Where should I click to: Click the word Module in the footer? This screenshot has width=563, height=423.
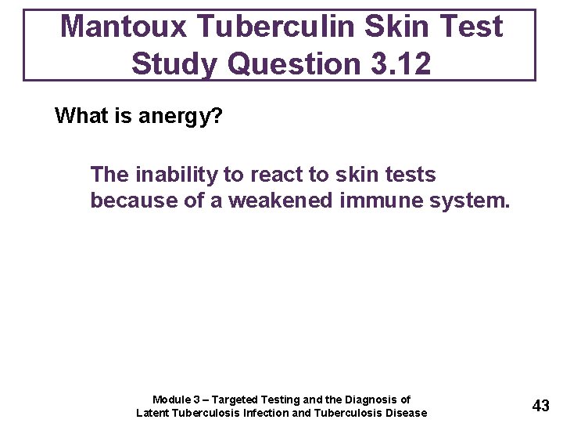point(170,399)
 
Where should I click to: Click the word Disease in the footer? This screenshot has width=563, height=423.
point(405,413)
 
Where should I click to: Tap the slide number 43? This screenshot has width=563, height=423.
point(540,406)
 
